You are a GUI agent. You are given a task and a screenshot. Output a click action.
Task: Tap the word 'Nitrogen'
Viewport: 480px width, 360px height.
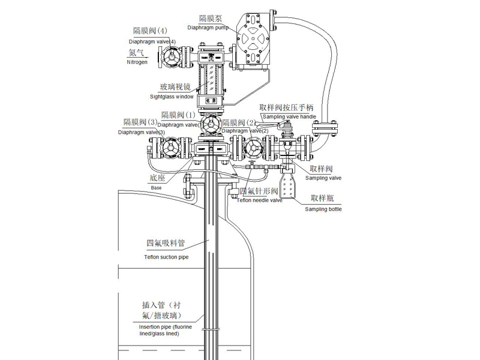pos(137,62)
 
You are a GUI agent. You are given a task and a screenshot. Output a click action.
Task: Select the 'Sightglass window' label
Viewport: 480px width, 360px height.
pos(172,96)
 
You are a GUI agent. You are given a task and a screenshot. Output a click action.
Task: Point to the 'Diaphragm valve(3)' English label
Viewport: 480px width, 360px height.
pos(142,131)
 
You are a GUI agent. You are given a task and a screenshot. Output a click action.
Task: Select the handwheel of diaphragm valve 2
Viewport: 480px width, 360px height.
pos(252,148)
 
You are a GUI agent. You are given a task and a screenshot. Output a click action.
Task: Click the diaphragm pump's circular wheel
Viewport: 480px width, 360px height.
pos(252,43)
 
